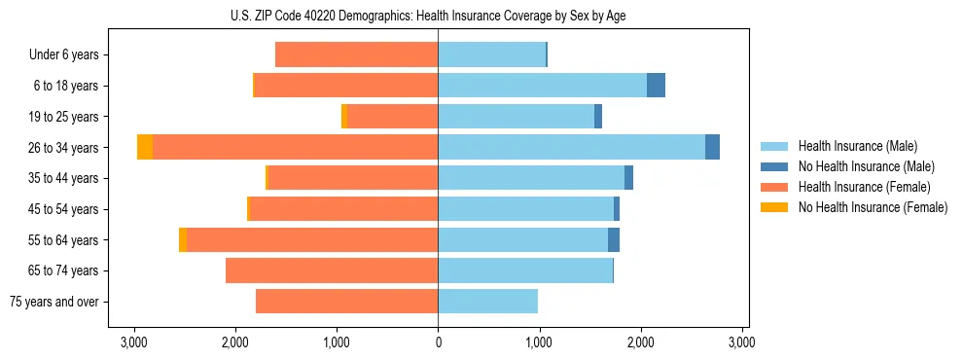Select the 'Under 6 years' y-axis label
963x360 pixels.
coord(63,55)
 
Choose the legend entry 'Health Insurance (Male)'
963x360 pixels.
coord(857,146)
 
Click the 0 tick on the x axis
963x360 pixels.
coord(438,342)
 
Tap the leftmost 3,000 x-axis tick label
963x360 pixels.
coord(133,342)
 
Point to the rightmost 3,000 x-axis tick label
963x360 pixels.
coord(742,342)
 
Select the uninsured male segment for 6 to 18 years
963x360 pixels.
coord(656,86)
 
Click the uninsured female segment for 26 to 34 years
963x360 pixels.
coord(145,147)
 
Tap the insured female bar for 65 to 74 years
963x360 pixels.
coord(332,270)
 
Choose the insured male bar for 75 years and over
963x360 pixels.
coord(487,302)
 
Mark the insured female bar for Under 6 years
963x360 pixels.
coord(356,54)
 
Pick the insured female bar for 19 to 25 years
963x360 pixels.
coord(392,117)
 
